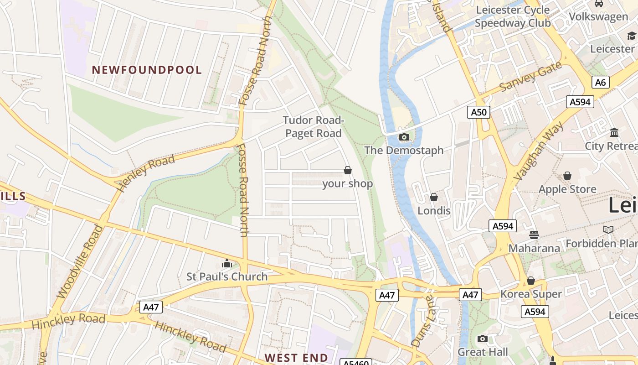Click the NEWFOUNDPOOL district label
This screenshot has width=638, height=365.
pyautogui.click(x=147, y=70)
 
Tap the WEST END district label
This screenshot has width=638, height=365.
pyautogui.click(x=296, y=358)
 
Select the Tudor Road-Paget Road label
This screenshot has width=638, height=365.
pyautogui.click(x=313, y=127)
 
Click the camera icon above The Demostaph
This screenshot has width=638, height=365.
pyautogui.click(x=404, y=137)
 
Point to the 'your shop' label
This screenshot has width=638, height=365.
pyautogui.click(x=347, y=183)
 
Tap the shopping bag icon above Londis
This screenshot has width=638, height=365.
pyautogui.click(x=434, y=197)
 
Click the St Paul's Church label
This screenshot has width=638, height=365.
pyautogui.click(x=227, y=276)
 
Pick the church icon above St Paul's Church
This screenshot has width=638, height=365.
pyautogui.click(x=226, y=263)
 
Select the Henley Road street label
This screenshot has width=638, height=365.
pyautogui.click(x=146, y=172)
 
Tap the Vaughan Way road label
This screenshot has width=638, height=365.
pyautogui.click(x=539, y=151)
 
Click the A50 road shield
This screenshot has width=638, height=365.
pyautogui.click(x=478, y=112)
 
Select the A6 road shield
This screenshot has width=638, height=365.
pyautogui.click(x=601, y=82)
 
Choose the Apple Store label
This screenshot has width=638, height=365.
pyautogui.click(x=567, y=189)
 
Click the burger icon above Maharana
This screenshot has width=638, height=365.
pyautogui.click(x=534, y=235)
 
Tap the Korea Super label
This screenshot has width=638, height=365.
pyautogui.click(x=531, y=294)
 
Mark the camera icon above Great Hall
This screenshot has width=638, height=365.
pyautogui.click(x=483, y=339)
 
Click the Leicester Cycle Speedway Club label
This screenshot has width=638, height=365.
pyautogui.click(x=513, y=16)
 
